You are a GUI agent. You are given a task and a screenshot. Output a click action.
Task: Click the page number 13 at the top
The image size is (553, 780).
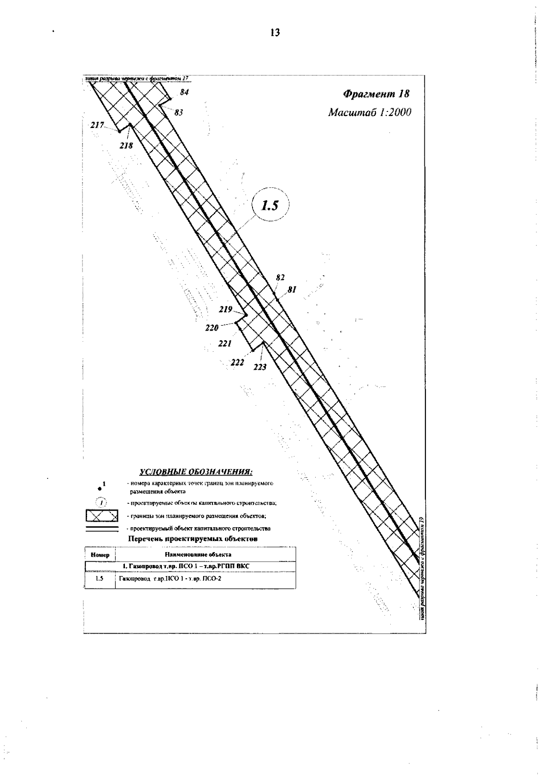275,33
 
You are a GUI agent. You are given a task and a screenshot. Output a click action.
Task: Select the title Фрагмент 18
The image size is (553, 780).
376,94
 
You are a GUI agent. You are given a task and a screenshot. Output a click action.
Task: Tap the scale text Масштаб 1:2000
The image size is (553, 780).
369,113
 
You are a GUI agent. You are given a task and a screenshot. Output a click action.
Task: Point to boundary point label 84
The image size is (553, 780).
184,92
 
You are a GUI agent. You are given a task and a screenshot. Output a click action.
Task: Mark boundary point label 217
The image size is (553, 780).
97,125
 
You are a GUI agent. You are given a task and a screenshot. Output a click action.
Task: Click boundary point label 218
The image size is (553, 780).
126,146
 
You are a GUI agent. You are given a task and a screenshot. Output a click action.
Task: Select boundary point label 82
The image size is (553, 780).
280,277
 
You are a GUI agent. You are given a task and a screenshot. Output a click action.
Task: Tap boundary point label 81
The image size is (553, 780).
291,290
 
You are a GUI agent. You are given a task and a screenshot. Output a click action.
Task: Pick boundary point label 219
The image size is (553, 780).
225,309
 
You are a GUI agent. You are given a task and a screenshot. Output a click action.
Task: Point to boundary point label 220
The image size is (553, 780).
212,328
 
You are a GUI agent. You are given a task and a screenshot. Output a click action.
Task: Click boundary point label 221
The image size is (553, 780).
224,343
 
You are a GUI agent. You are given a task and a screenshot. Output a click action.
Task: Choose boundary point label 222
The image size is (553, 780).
237,362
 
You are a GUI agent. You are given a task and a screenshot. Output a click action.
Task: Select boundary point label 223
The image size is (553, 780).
260,367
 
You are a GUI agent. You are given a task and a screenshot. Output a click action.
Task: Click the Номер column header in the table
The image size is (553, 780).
100,555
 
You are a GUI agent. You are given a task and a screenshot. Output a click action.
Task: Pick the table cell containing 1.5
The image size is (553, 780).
99,579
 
